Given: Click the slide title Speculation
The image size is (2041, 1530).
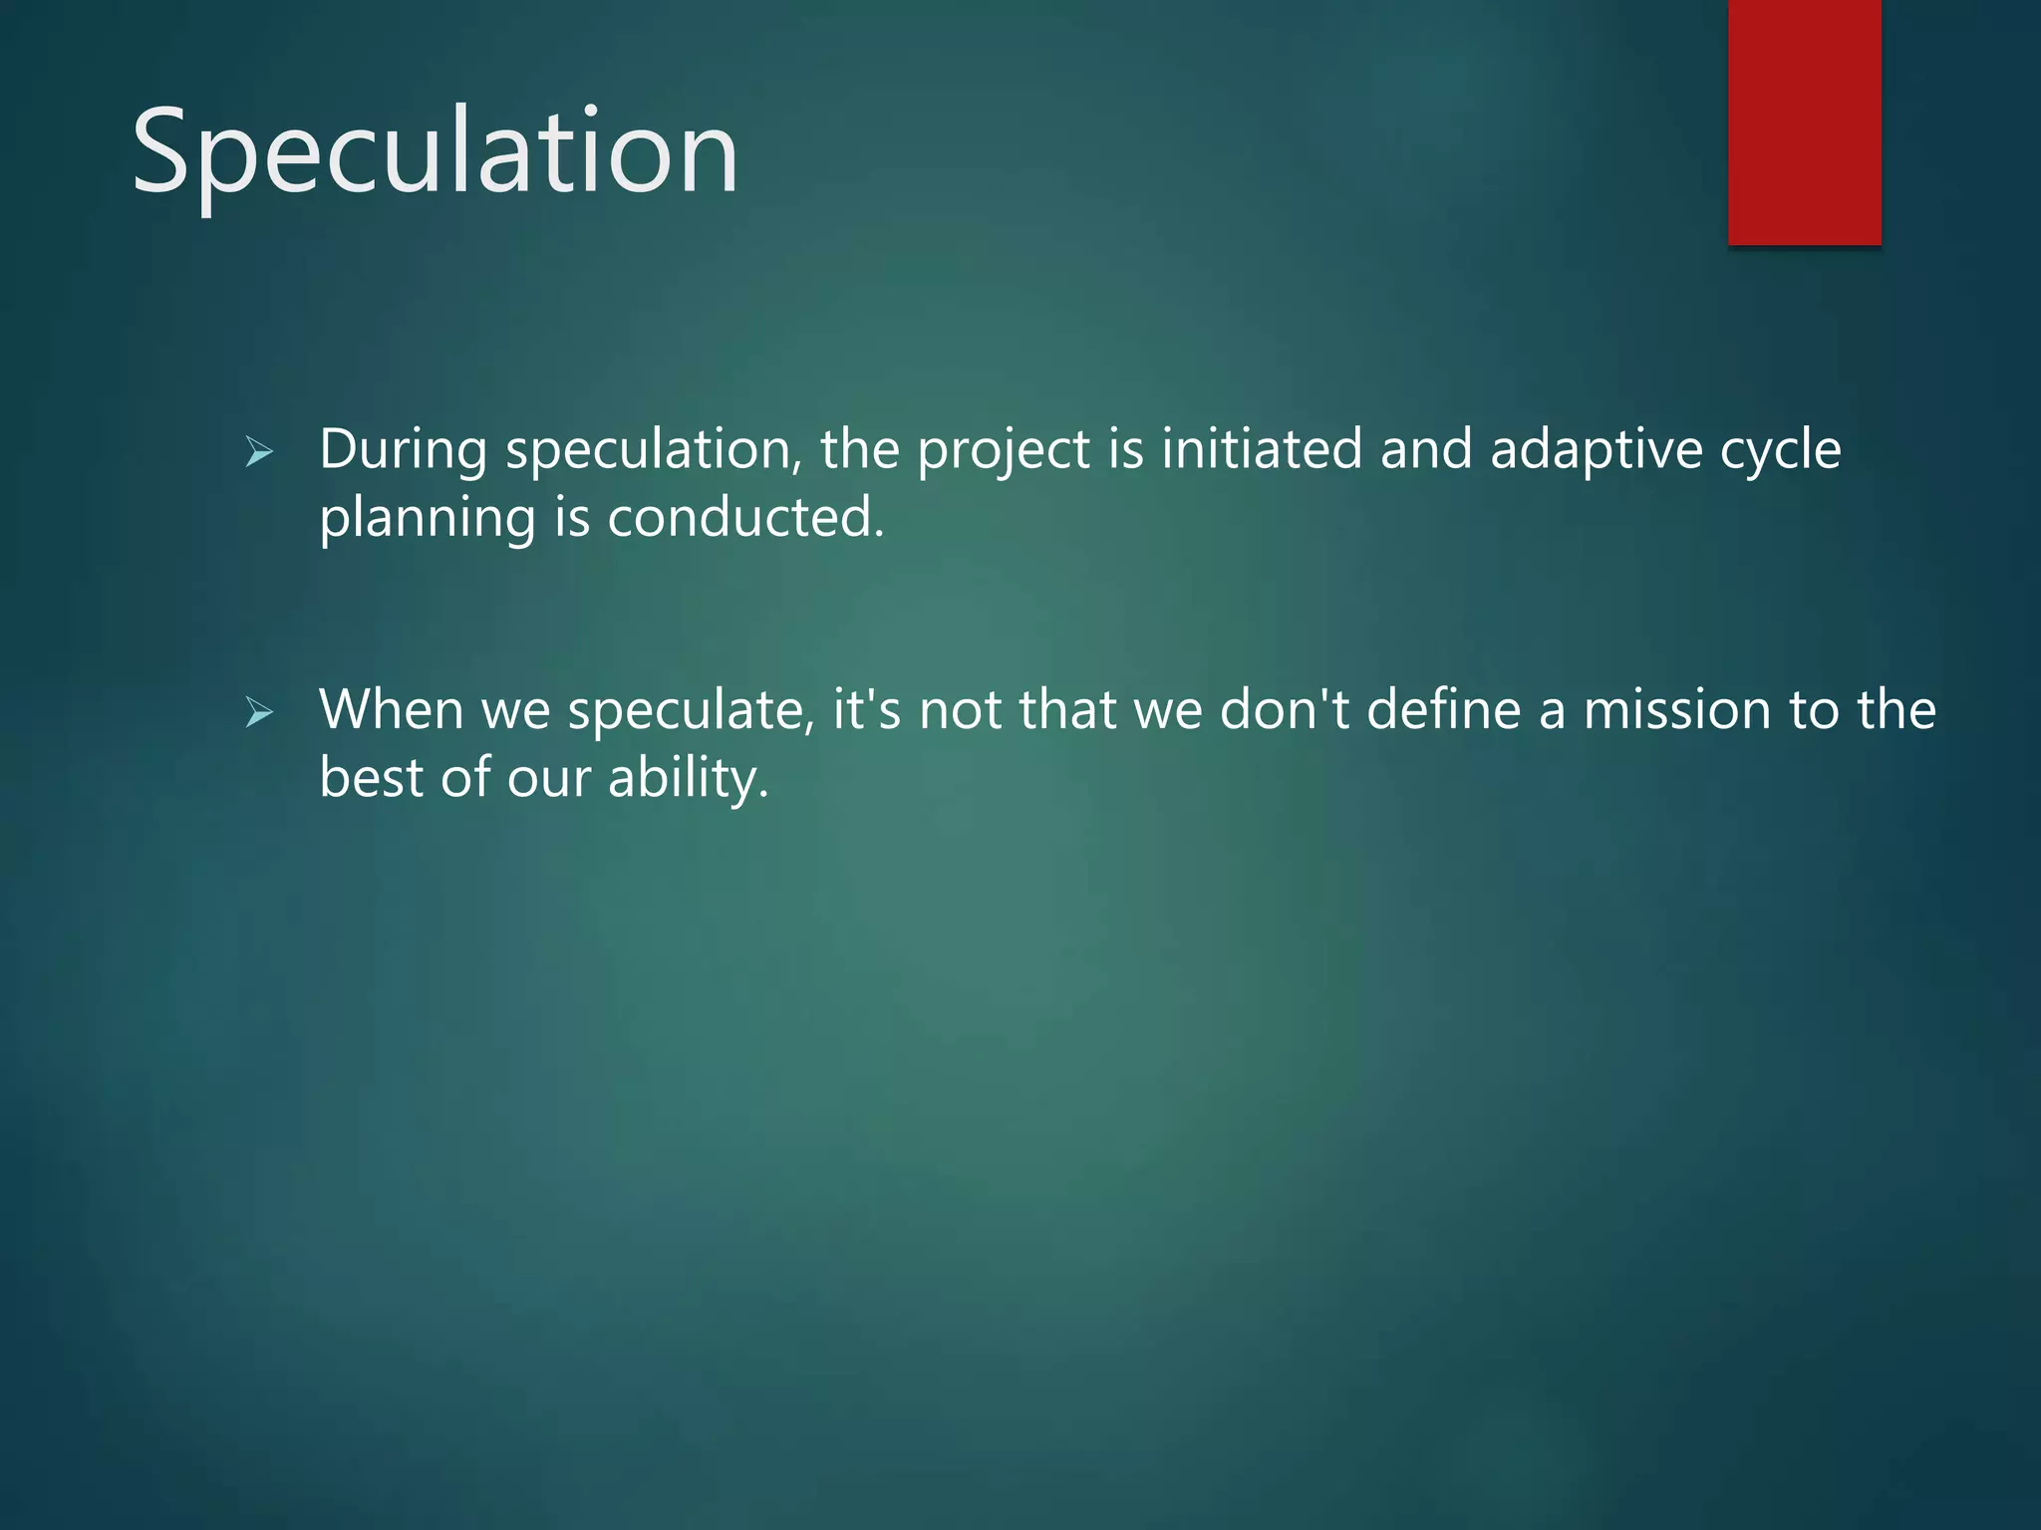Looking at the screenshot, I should coord(435,151).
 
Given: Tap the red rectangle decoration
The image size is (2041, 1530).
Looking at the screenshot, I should coord(1804,122).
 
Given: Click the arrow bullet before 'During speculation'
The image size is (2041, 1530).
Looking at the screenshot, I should coord(259,453).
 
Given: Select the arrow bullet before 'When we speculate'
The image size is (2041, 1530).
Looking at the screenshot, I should coord(259,712).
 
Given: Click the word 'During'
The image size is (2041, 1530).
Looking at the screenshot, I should coord(403,451).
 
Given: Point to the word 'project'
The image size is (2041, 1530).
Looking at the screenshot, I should coord(1003,451).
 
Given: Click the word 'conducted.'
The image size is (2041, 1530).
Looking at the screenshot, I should coord(745,518).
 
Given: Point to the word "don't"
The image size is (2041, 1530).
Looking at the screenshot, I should coord(1284,710).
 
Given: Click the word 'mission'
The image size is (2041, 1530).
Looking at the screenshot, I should coord(1676,710).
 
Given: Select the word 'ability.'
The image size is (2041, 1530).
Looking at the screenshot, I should coord(688,779).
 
